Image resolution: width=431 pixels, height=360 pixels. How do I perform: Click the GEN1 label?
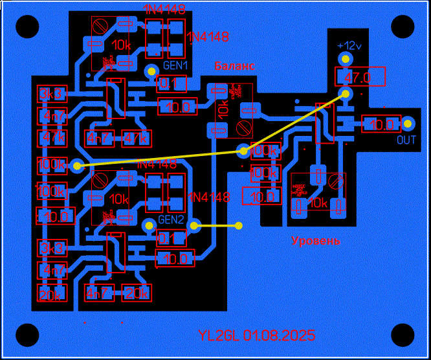pos(175,65)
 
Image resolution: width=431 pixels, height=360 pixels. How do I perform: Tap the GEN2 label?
pos(173,219)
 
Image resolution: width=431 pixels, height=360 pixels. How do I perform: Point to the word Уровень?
pos(316,241)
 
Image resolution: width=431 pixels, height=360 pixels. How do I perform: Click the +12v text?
pos(349,46)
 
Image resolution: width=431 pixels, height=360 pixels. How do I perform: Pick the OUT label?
pos(406,140)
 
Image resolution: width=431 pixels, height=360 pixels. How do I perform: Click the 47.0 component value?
pos(359,78)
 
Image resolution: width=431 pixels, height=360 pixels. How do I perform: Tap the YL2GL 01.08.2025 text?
pos(257,335)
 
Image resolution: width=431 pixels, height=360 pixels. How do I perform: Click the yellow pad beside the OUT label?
pos(409,123)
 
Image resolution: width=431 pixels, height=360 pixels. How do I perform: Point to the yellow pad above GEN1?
pos(152,71)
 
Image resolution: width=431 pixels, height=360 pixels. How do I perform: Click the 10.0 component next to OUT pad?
pos(380,124)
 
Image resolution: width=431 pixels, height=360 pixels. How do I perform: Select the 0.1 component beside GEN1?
pos(172,84)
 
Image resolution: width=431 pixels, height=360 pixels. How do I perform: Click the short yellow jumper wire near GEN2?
pos(217,226)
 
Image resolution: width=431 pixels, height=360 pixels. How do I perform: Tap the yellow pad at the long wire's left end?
pos(77,166)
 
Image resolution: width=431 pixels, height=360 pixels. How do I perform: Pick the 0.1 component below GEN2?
pos(172,238)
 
